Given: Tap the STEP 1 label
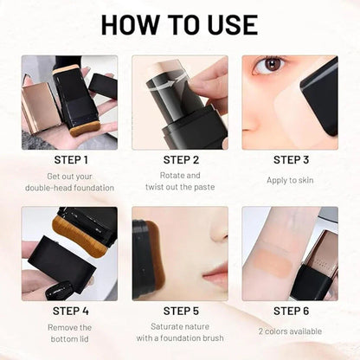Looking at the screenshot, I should [x=69, y=159].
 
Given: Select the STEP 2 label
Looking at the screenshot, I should [x=180, y=159].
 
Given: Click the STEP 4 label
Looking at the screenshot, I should [x=69, y=311].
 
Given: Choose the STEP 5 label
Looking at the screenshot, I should [x=180, y=311].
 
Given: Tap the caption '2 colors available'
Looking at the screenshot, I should [x=290, y=331].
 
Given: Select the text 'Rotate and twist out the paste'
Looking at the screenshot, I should [x=180, y=181].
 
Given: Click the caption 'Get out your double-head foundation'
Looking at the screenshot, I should [x=69, y=181].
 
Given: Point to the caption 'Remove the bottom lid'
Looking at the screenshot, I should [x=69, y=333].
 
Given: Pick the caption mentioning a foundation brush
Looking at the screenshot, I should [x=180, y=333].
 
